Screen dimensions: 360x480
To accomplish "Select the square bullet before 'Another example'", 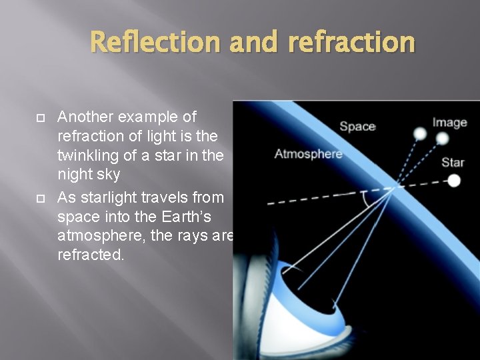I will click(40, 118).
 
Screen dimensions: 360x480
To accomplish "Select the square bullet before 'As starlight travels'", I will click(40, 198).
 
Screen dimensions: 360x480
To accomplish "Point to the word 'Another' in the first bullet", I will click(85, 117).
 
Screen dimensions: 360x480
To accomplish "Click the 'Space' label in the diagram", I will click(357, 126).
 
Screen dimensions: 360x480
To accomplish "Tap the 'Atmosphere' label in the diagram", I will click(309, 154).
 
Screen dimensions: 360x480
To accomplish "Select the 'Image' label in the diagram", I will click(449, 122).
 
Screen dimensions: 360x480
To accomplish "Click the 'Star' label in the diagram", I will click(453, 162).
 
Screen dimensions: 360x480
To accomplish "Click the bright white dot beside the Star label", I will click(454, 181).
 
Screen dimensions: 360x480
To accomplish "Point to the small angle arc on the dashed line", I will click(365, 198).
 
